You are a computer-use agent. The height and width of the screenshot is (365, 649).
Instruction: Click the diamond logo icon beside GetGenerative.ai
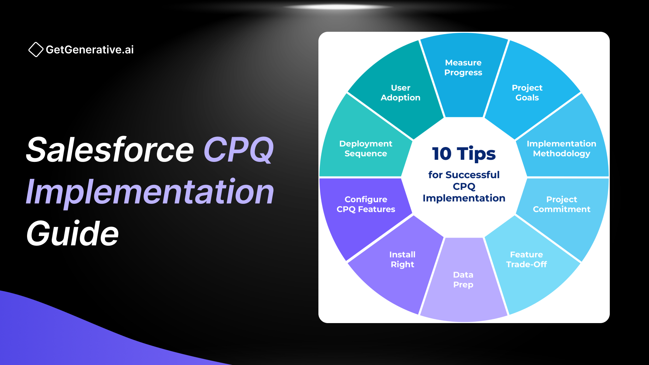[36, 50]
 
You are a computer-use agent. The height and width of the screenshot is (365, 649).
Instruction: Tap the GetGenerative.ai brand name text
[90, 50]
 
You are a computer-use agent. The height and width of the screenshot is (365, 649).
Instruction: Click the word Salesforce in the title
[110, 150]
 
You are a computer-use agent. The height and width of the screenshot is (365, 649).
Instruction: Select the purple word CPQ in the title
[239, 150]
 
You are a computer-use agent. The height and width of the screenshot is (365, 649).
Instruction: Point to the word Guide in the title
[73, 233]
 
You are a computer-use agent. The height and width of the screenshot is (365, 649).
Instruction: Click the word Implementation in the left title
[150, 192]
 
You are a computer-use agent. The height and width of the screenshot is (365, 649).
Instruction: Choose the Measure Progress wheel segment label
[463, 68]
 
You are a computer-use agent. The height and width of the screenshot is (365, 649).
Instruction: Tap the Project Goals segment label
[527, 93]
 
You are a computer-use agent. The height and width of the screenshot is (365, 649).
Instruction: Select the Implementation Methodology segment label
[561, 149]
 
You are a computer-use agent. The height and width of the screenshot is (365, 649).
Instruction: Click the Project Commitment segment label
[561, 204]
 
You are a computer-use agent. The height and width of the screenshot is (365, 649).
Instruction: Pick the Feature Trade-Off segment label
[526, 259]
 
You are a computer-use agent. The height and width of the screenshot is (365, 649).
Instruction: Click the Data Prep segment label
[463, 279]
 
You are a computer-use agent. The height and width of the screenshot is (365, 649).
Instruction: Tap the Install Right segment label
[402, 259]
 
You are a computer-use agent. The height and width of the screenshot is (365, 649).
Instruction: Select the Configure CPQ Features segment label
[366, 204]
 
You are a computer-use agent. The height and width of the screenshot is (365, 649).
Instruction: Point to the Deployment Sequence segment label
[366, 149]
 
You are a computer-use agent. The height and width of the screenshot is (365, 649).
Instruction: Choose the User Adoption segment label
[401, 93]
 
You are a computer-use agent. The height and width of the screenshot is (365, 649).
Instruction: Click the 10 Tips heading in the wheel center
[464, 154]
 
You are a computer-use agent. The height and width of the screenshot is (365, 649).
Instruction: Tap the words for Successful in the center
[464, 175]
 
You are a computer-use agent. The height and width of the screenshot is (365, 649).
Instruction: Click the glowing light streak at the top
[338, 7]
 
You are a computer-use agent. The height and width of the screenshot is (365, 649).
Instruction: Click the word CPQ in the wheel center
[464, 187]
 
